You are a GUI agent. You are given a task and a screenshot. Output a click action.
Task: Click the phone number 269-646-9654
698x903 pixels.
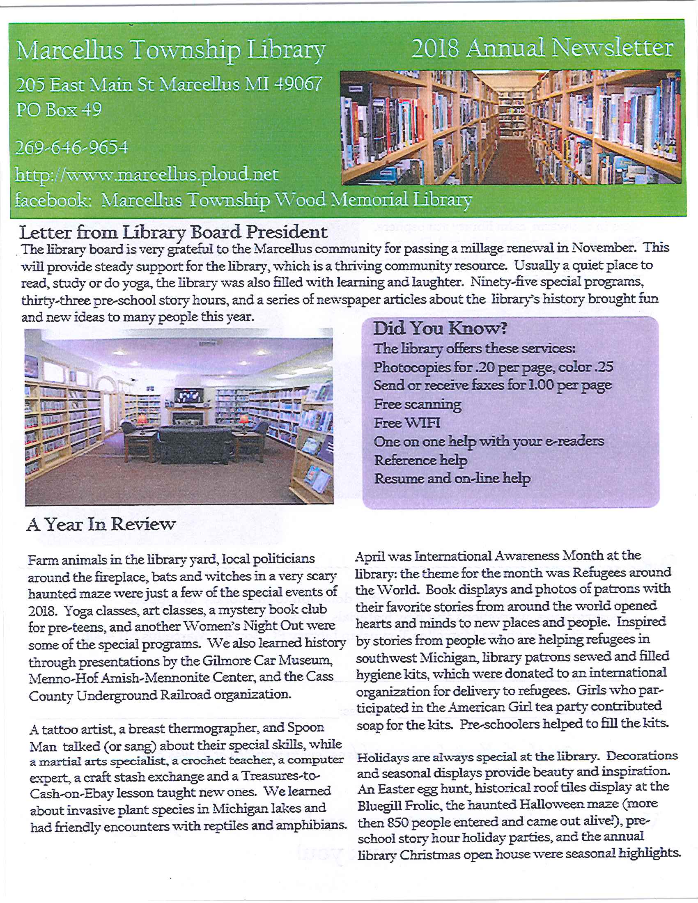[71, 148]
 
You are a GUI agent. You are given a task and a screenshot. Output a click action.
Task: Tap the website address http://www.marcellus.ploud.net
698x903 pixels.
[147, 174]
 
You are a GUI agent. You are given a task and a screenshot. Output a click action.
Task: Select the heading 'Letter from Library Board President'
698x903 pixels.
[173, 232]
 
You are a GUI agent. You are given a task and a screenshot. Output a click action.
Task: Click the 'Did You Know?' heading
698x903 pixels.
[440, 328]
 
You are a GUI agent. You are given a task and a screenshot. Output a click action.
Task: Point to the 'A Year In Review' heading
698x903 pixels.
[101, 524]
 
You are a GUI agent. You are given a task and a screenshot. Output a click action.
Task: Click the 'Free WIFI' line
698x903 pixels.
[407, 423]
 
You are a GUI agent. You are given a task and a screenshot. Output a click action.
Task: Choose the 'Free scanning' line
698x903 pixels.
[417, 404]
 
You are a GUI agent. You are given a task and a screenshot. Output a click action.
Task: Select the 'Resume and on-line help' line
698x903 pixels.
[452, 479]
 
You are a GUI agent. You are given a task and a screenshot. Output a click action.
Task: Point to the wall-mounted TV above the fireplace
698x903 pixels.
[188, 396]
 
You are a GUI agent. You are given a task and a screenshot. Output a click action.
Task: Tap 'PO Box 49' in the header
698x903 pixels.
[59, 110]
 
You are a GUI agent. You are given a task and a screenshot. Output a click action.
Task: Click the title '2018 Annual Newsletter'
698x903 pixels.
[542, 48]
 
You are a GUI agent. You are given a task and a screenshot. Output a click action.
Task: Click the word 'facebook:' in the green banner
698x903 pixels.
[53, 201]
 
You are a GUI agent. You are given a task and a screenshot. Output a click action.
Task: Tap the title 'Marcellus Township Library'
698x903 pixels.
[171, 50]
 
